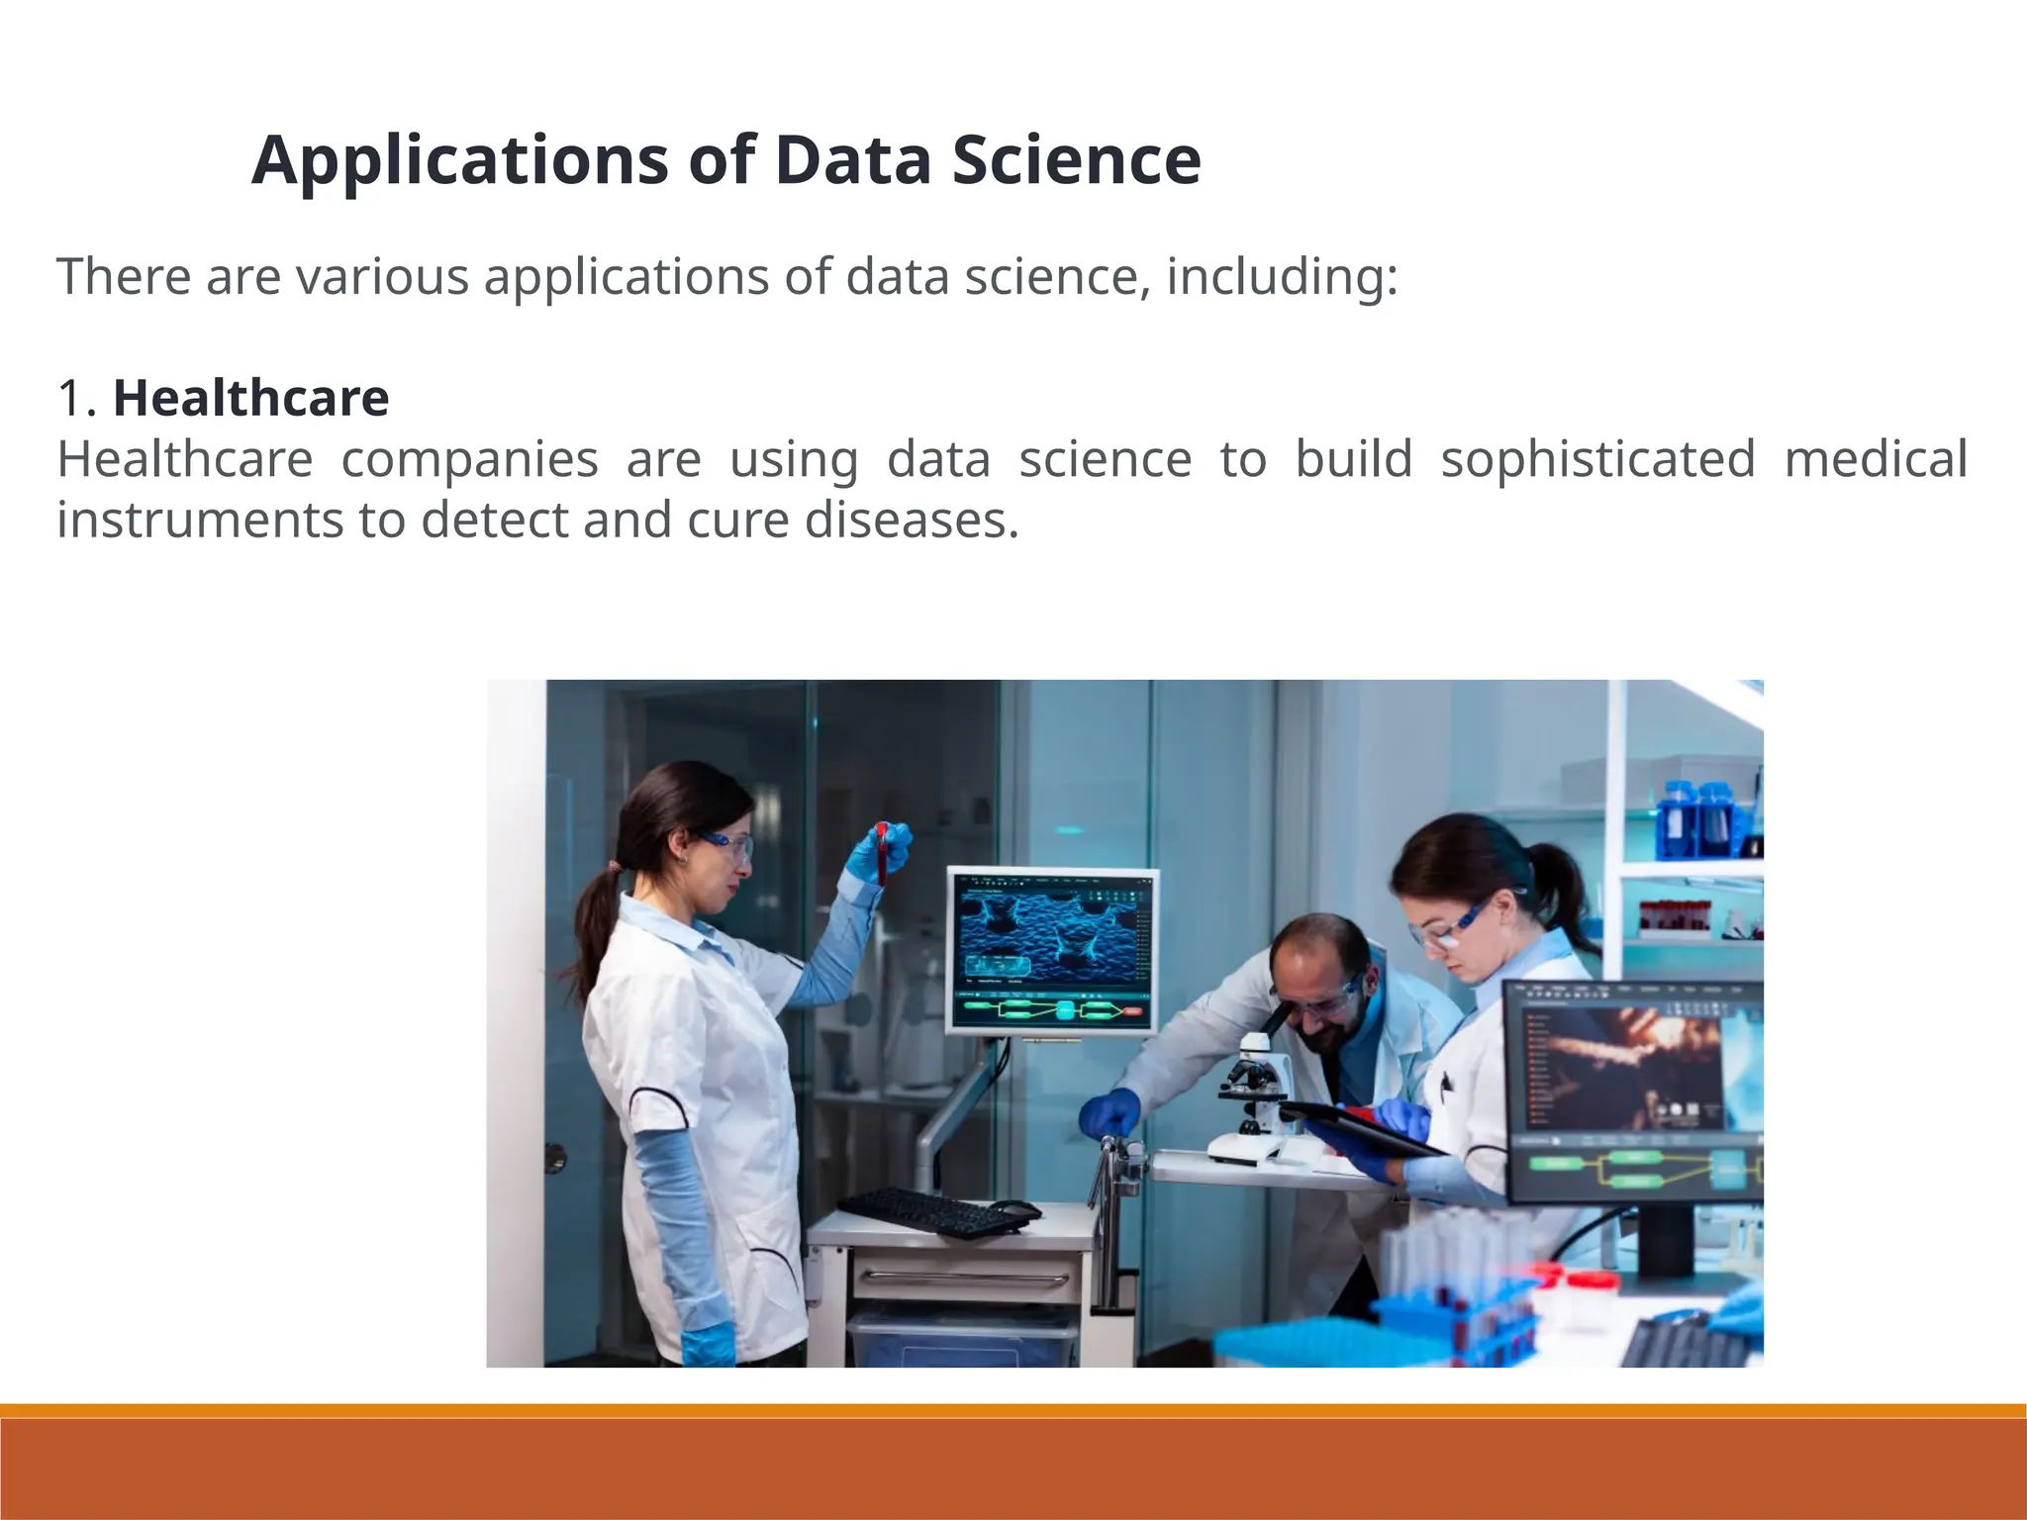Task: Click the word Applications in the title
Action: (460, 160)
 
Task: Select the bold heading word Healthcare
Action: (250, 398)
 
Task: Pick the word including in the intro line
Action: (1282, 276)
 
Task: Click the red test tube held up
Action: (881, 852)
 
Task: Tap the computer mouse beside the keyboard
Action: (1017, 1208)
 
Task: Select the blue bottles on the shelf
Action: (1696, 818)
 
